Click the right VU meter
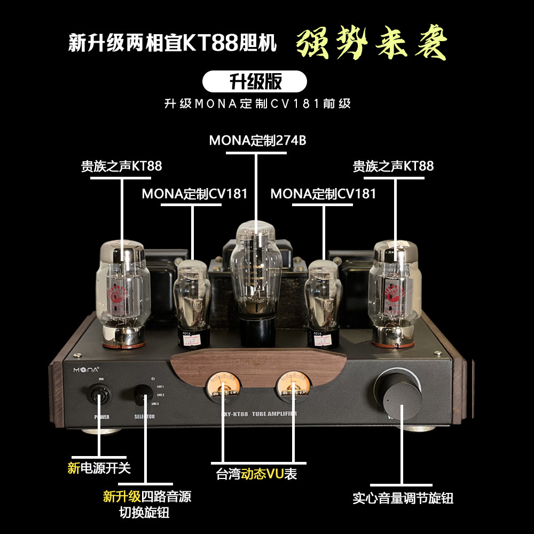click(292, 386)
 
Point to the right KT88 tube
click(395, 291)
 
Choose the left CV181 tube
click(192, 296)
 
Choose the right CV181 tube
click(323, 296)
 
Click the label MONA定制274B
click(257, 140)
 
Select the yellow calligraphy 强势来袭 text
click(372, 43)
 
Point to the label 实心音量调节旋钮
click(403, 498)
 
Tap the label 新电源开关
click(99, 468)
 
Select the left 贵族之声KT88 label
click(121, 166)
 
